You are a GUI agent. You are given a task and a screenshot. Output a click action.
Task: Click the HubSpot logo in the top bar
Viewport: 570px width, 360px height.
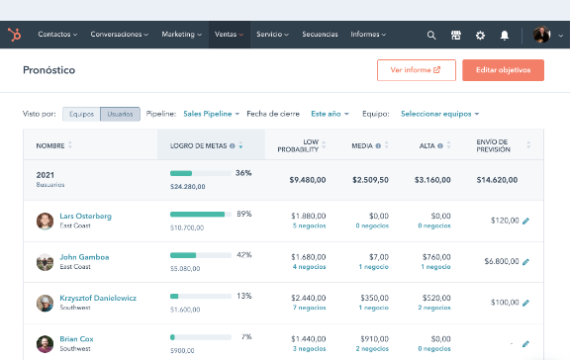15,35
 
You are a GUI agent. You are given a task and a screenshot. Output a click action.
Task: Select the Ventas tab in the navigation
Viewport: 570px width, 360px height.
228,35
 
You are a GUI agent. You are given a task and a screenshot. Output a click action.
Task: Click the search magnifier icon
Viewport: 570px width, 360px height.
431,35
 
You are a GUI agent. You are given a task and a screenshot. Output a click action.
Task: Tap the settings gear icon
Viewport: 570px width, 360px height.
480,35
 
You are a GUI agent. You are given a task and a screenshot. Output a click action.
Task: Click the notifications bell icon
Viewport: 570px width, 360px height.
505,35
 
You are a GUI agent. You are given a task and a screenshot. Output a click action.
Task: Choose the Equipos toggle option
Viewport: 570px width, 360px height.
80,114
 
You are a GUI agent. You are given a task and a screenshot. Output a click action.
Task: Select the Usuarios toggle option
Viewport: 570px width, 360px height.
120,114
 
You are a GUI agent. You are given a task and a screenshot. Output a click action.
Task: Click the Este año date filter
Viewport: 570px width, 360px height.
330,114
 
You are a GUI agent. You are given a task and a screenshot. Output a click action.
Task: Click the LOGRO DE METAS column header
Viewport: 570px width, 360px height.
208,145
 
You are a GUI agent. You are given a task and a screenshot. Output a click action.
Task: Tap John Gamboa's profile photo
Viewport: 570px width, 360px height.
44,262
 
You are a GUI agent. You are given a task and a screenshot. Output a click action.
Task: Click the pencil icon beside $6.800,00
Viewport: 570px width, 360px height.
525,262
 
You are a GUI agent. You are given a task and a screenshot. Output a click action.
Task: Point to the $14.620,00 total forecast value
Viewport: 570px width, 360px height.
502,180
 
